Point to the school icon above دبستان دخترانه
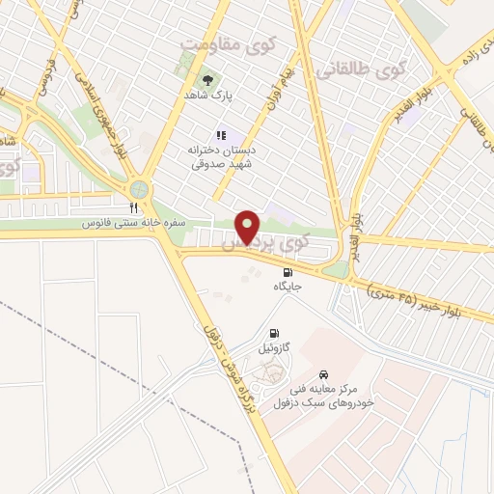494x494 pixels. point(220,134)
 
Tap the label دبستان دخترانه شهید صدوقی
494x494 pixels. point(218,156)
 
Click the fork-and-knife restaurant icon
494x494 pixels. point(134,206)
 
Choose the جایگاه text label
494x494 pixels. point(288,287)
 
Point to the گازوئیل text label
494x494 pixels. point(275,344)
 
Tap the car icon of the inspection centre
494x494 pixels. point(324,371)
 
